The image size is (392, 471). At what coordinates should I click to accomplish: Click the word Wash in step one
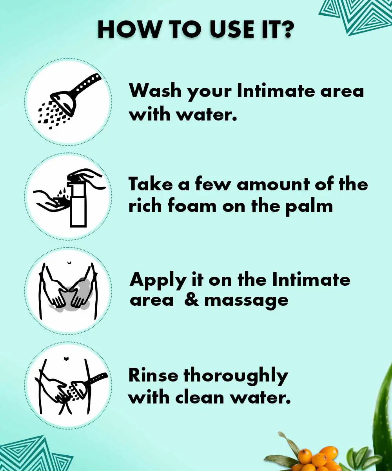(x=155, y=91)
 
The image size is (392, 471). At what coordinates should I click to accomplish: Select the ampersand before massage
(x=192, y=300)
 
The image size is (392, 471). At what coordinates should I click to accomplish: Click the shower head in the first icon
(x=66, y=104)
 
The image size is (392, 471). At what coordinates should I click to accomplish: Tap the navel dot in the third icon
(x=69, y=262)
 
